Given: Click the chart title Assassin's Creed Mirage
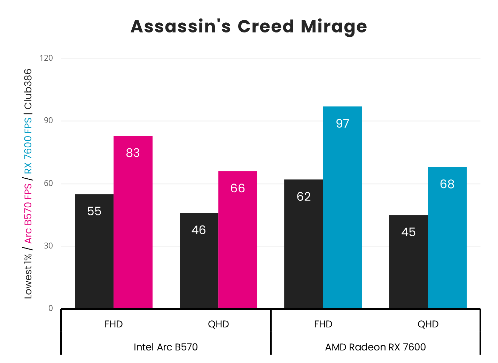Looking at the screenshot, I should click(249, 27).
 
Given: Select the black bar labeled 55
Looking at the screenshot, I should click(94, 251).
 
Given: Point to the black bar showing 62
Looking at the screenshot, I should click(304, 244).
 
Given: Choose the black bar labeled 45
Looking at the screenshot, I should click(408, 262).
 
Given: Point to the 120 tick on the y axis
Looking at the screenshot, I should click(46, 58).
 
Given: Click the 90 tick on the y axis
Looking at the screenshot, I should click(48, 121).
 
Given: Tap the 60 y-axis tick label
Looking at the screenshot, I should click(48, 183).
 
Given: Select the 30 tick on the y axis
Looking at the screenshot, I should click(48, 246).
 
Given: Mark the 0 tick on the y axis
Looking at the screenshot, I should click(51, 308).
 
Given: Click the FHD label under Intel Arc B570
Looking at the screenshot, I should click(114, 324).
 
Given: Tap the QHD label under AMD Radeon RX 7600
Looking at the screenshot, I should click(428, 324).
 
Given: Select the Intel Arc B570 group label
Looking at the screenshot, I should click(166, 347).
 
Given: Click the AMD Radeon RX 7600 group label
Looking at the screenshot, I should click(375, 347).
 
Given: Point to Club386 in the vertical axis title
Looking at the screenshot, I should click(28, 89).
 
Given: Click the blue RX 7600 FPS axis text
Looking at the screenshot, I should click(28, 145).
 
